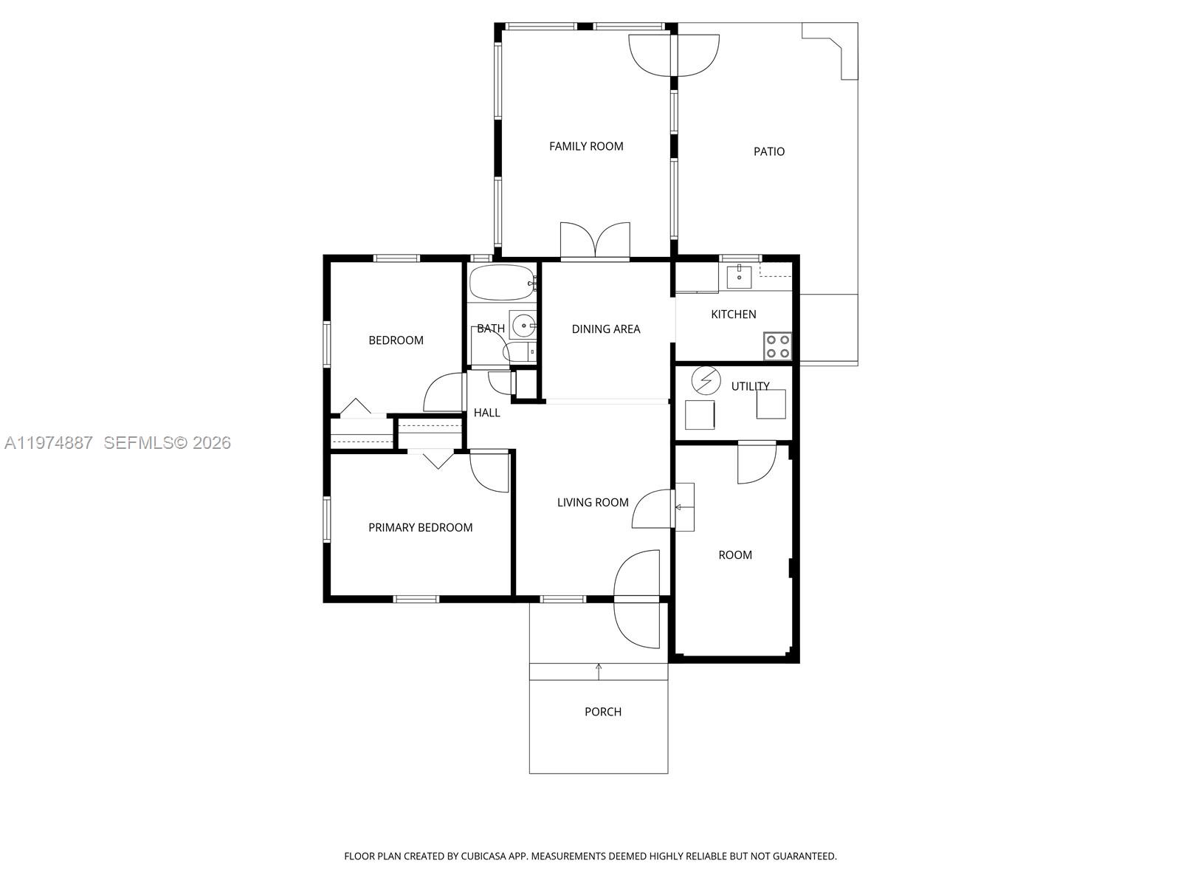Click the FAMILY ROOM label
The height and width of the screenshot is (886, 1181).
click(x=586, y=146)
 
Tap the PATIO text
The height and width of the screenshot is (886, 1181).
click(x=768, y=151)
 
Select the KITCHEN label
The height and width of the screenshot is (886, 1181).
click(x=733, y=315)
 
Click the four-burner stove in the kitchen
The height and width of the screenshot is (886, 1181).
click(x=777, y=346)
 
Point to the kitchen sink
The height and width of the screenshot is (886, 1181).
click(x=739, y=277)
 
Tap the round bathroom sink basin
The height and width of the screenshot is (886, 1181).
click(x=523, y=325)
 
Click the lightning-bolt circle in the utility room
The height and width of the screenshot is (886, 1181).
click(x=706, y=380)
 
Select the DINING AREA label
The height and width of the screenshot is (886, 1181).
click(x=605, y=329)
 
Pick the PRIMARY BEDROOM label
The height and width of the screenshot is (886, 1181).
click(x=420, y=527)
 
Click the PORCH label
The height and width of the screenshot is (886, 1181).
click(x=602, y=712)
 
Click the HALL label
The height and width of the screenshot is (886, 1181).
click(x=486, y=413)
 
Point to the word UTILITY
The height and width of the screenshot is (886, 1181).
click(x=750, y=386)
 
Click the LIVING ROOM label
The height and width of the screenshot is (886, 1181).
click(x=593, y=503)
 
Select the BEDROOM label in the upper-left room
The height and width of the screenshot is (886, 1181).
click(x=396, y=340)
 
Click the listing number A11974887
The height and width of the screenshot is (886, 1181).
click(x=49, y=443)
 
